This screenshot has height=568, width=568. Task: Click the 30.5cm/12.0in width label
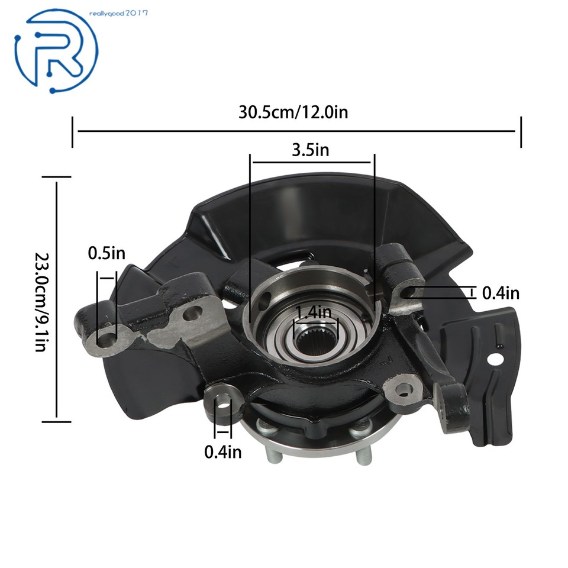(293, 112)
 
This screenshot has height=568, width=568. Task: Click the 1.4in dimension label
(313, 312)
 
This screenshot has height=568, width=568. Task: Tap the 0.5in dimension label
(106, 253)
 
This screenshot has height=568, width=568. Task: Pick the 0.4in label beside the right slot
(501, 292)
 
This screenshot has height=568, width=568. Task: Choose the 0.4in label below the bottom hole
(223, 451)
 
